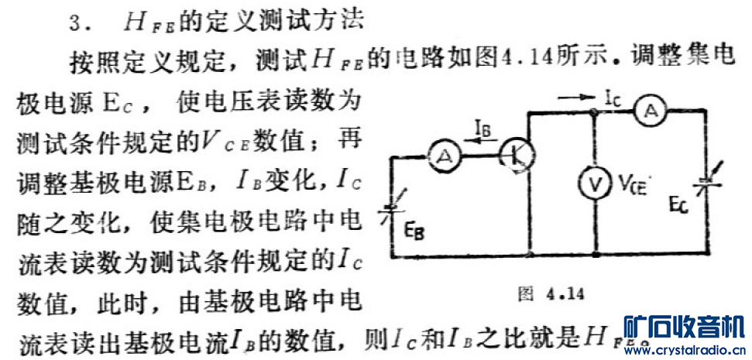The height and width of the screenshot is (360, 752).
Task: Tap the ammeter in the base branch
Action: (x=445, y=157)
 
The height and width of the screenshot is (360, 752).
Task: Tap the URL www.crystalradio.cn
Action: (x=684, y=350)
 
